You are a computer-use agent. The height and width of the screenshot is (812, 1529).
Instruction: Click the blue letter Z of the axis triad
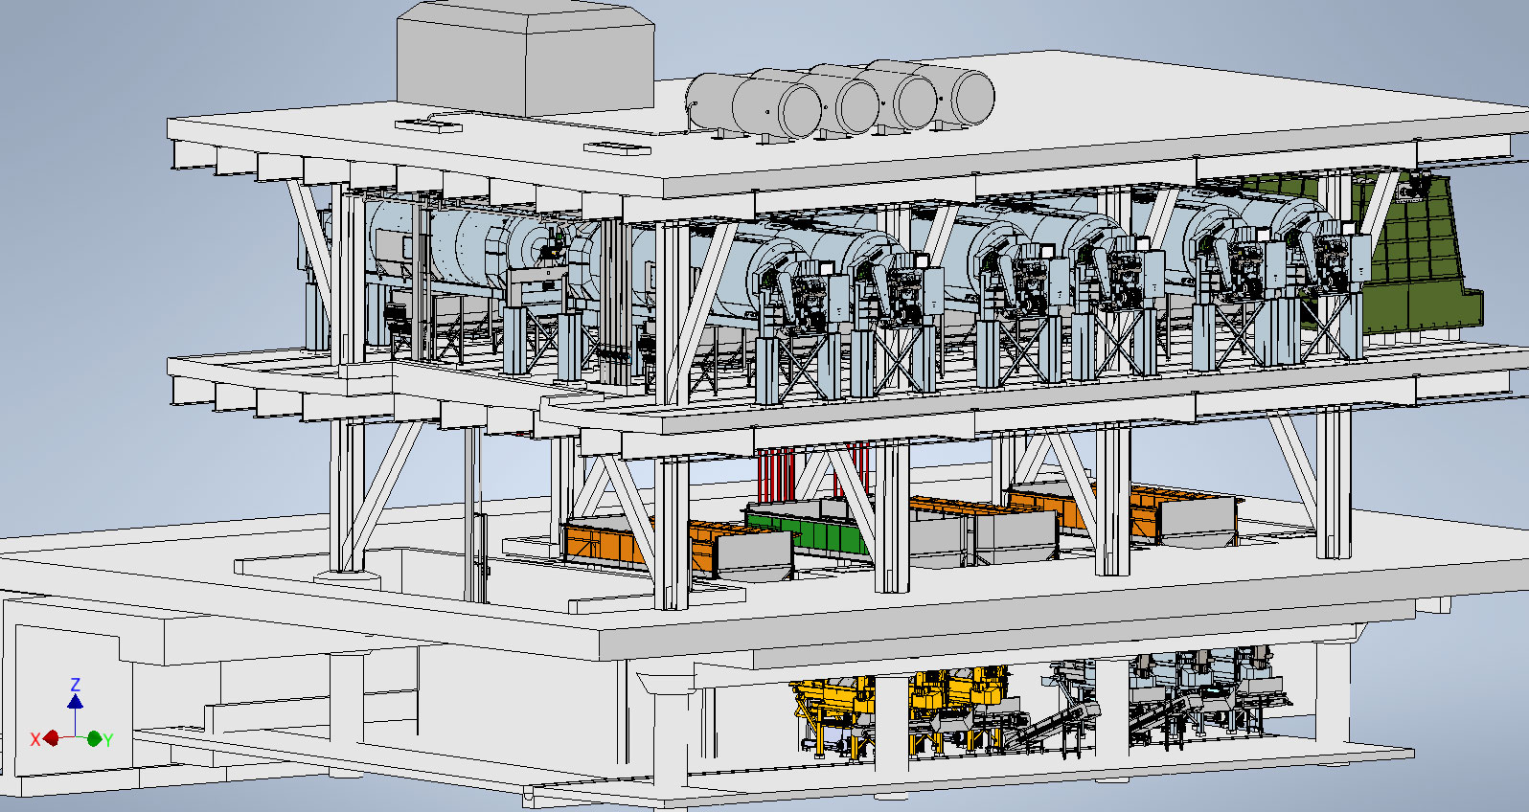coord(75,685)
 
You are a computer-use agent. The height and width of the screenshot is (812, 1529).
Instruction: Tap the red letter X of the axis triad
coord(35,739)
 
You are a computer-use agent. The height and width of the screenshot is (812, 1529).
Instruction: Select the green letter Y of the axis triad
coord(108,739)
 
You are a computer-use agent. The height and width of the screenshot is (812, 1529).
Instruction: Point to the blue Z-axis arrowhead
coord(75,702)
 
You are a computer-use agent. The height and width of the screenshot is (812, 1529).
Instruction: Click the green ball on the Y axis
coord(94,738)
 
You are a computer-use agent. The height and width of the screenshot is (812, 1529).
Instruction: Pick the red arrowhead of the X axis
coord(51,738)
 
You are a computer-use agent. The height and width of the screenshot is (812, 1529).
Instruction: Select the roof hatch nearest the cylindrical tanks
coord(616,148)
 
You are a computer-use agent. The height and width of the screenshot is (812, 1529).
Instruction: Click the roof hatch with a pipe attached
coord(428,124)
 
